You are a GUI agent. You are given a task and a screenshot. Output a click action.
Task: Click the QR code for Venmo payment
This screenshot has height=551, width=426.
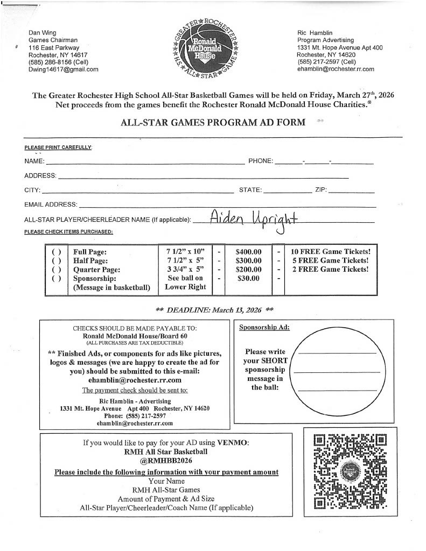pyautogui.click(x=346, y=472)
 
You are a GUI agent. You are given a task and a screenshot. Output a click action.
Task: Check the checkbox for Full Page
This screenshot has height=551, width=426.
pyautogui.click(x=56, y=251)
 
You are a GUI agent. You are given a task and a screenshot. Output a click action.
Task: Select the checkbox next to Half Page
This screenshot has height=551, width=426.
pyautogui.click(x=56, y=260)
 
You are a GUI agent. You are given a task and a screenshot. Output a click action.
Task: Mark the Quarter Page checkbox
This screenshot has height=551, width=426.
pyautogui.click(x=56, y=270)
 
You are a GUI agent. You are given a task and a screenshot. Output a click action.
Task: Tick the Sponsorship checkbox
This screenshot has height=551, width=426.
pyautogui.click(x=56, y=279)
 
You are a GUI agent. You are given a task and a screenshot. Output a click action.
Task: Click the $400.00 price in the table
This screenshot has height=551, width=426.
pyautogui.click(x=249, y=251)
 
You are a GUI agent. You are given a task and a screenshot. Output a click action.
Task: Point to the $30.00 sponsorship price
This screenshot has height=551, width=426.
pyautogui.click(x=248, y=279)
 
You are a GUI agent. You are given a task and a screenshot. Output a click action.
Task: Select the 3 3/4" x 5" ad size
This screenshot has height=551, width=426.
pyautogui.click(x=185, y=270)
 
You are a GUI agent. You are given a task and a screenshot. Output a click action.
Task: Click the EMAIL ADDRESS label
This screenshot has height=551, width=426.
pyautogui.click(x=51, y=204)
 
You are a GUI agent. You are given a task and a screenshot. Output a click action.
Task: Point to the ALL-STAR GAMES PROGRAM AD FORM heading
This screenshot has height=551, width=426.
pyautogui.click(x=213, y=122)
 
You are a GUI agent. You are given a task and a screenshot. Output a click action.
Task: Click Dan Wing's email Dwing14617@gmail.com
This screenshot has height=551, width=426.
pyautogui.click(x=63, y=69)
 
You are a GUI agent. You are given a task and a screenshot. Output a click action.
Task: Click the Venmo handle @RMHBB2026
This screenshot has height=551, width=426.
pyautogui.click(x=166, y=461)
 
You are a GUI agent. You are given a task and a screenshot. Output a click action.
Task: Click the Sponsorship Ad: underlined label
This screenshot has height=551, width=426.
pyautogui.click(x=264, y=327)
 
